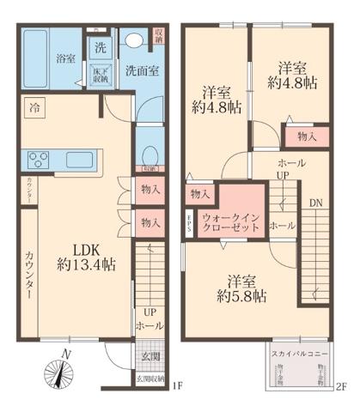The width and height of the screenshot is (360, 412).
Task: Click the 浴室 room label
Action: pos(65,59)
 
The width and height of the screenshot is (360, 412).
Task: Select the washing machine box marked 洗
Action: pos(100,46)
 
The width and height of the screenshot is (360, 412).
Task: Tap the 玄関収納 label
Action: pos(147,378)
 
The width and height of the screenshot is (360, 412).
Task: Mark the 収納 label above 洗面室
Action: pos(159,36)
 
